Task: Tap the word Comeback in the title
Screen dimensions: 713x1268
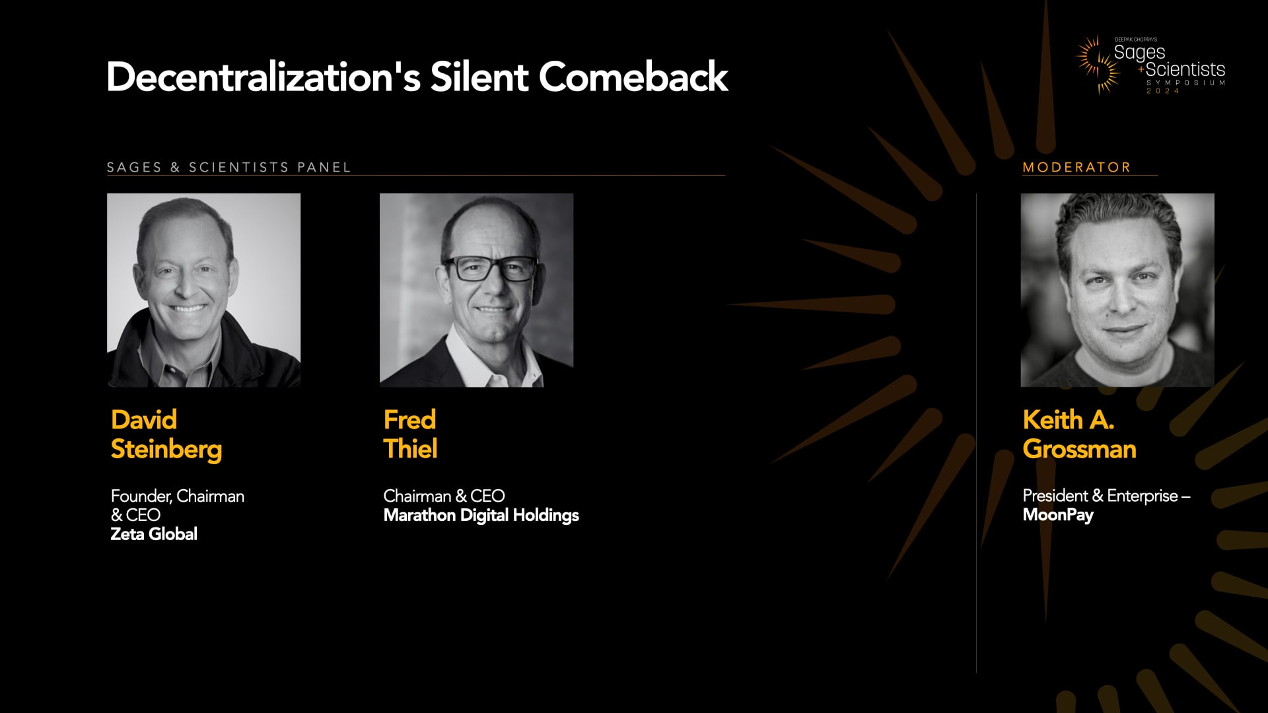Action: (633, 77)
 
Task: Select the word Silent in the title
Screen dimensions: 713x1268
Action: (479, 77)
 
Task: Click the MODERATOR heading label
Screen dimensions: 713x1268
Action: (1076, 168)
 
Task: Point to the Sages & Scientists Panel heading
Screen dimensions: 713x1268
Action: (229, 168)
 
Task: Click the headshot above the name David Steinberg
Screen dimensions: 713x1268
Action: (203, 290)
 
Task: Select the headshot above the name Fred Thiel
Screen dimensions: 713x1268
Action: (476, 290)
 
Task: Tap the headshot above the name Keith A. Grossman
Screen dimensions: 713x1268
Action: (1117, 290)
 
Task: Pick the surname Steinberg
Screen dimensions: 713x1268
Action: (166, 450)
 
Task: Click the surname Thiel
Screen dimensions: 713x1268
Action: (410, 450)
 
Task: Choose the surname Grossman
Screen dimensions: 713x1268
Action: (1079, 450)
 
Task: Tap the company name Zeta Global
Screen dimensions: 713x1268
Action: (154, 534)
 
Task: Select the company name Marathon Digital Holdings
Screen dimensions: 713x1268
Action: (481, 515)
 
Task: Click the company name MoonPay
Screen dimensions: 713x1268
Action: (1058, 515)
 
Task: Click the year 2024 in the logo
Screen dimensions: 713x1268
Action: (1163, 90)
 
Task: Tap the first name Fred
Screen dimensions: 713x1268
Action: (409, 420)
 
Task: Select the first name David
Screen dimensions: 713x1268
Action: (144, 420)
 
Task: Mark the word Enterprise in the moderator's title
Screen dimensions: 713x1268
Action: (1143, 496)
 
